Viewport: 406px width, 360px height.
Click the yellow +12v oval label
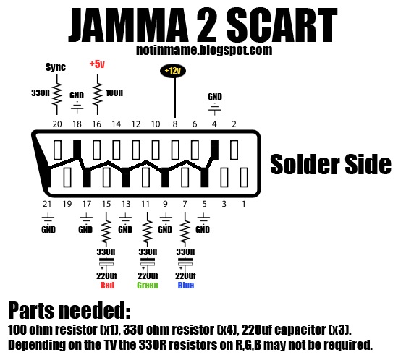click(173, 71)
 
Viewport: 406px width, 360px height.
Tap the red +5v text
click(97, 64)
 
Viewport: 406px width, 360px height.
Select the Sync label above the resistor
click(56, 67)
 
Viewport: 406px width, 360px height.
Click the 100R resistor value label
click(114, 93)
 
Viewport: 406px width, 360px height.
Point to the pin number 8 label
click(175, 124)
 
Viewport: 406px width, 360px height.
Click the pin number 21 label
click(47, 204)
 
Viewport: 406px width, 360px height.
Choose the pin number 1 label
click(244, 204)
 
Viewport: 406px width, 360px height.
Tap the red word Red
click(107, 286)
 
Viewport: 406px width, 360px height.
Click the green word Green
click(148, 286)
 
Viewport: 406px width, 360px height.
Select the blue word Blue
click(186, 286)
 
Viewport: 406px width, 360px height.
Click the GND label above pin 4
click(215, 96)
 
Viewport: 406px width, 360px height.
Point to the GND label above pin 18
click(77, 95)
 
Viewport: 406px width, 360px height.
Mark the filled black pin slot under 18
click(77, 150)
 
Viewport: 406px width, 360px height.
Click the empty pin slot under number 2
click(234, 150)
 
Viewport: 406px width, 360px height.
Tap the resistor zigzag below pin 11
click(148, 230)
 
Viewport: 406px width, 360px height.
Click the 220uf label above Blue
click(185, 276)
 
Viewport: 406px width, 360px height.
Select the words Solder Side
click(331, 164)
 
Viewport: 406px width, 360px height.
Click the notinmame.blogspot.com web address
click(204, 50)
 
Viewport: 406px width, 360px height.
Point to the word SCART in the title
click(282, 25)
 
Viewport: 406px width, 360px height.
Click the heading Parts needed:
click(69, 310)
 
